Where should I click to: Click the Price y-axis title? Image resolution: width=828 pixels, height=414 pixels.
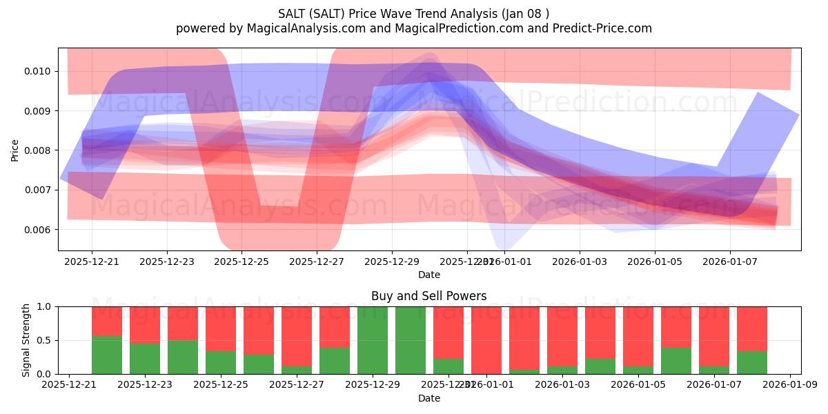(15, 150)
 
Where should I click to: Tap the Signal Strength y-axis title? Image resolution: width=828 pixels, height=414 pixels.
(26, 340)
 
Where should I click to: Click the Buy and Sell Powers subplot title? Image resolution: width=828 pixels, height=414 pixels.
(428, 296)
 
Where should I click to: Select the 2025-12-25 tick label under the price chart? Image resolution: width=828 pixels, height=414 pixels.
(241, 262)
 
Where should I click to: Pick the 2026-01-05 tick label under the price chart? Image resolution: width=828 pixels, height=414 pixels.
(655, 262)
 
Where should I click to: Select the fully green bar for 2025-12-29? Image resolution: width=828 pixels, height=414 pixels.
(373, 340)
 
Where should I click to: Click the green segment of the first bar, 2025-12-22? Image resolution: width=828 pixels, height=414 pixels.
(107, 355)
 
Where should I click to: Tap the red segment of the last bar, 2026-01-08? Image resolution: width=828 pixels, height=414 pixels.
(752, 328)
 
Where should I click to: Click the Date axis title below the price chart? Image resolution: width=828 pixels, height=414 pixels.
(428, 275)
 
